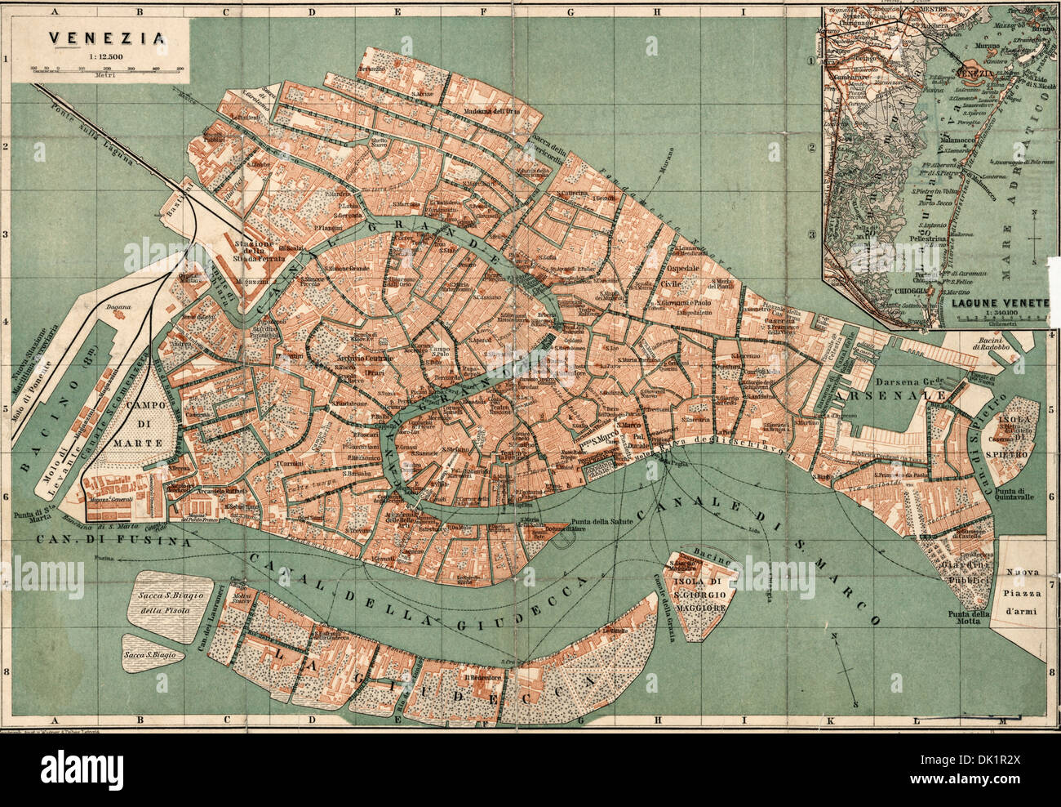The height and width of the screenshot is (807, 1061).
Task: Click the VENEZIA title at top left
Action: tap(105, 37)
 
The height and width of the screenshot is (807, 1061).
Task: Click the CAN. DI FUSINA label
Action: tap(113, 540)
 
